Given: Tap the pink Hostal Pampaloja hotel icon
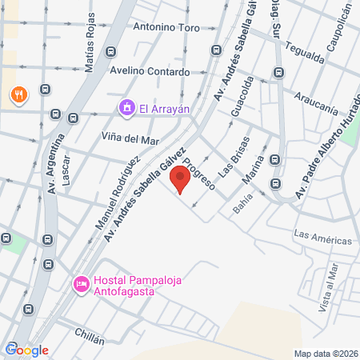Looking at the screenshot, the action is pos(81,284).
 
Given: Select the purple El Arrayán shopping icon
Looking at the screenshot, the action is pos(126,107).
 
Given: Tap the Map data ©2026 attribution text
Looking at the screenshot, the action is pos(326,354).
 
